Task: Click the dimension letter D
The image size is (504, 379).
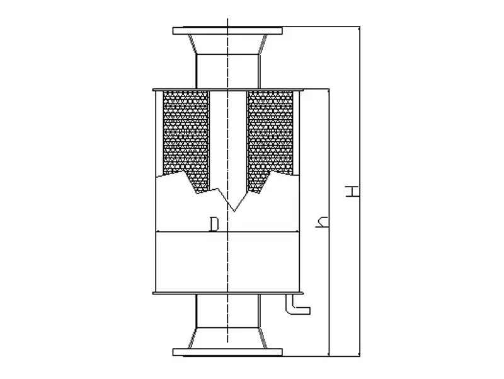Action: [214, 224]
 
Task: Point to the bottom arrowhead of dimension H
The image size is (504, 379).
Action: [360, 351]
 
